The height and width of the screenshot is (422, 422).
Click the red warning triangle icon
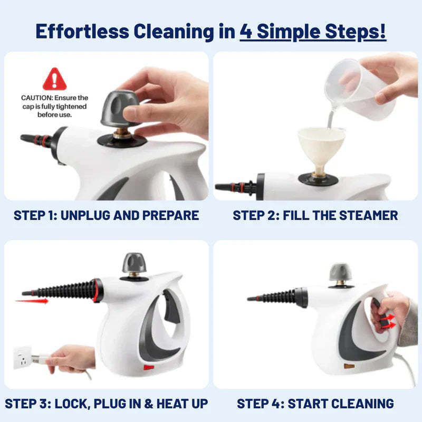pos(55,79)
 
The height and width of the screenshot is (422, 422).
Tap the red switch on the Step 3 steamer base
pos(149,367)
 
